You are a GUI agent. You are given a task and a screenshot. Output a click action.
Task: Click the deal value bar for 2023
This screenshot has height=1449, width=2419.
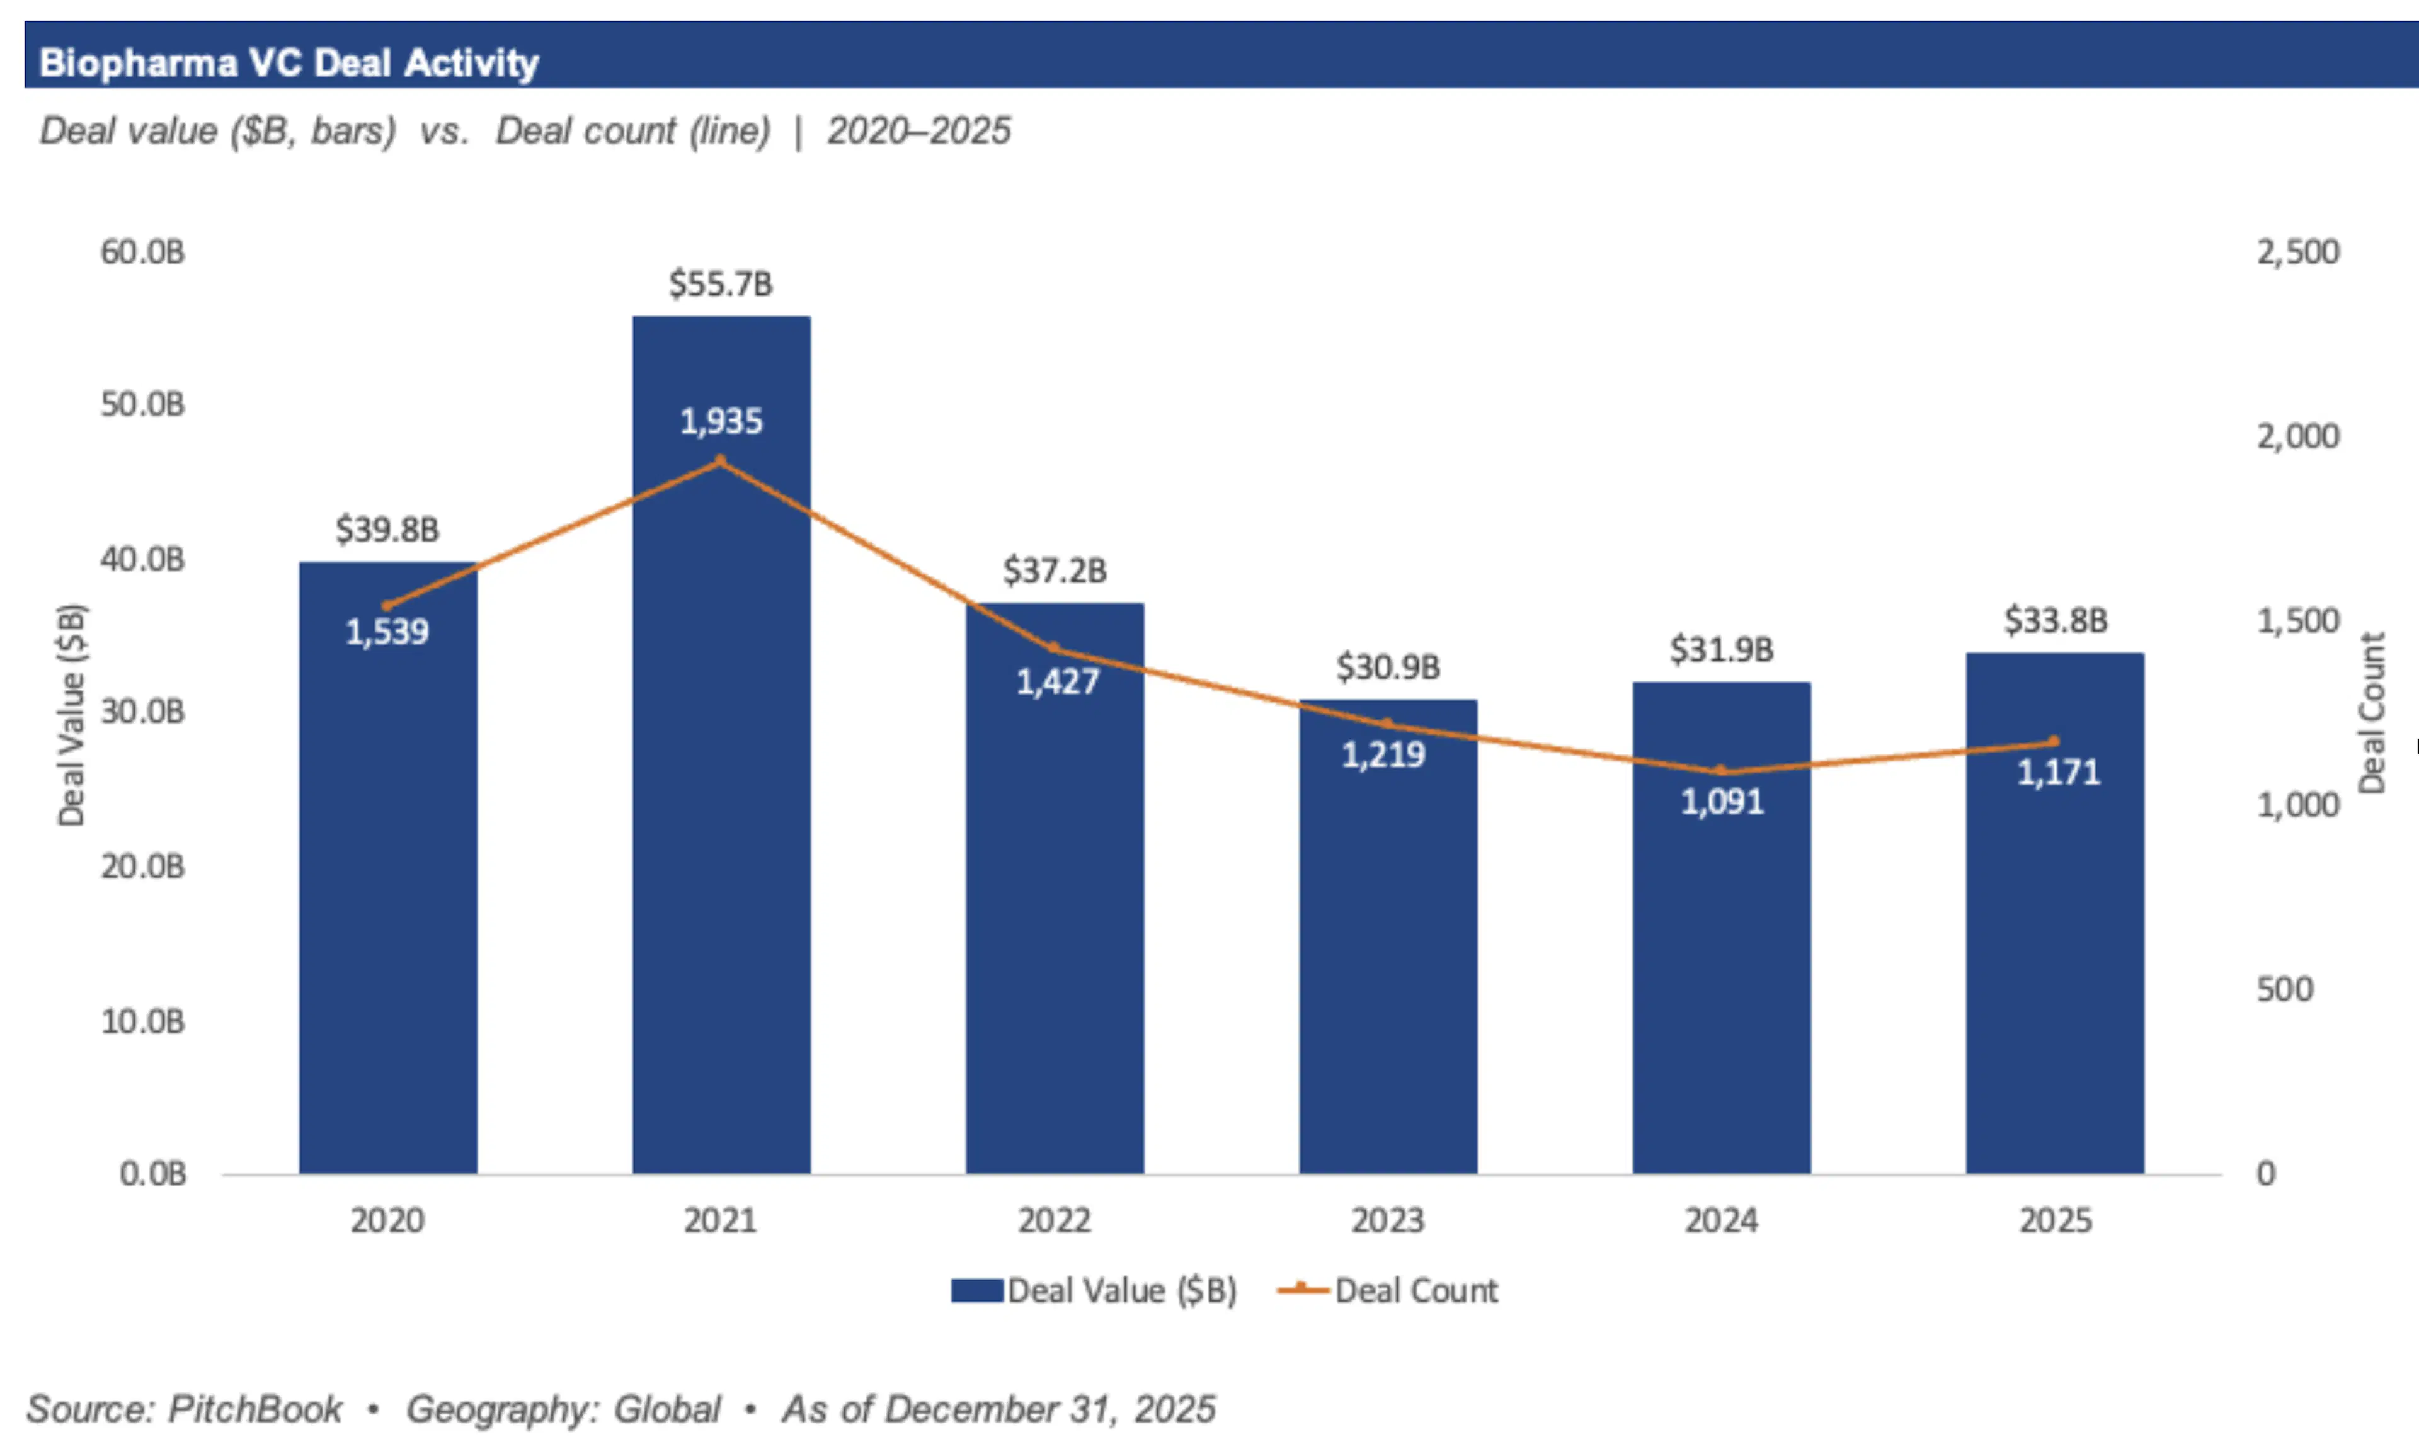pos(1388,957)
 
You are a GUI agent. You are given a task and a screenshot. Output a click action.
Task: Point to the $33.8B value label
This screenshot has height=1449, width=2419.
pos(2056,620)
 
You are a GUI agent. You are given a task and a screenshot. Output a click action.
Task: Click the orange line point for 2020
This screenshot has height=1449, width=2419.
pos(387,605)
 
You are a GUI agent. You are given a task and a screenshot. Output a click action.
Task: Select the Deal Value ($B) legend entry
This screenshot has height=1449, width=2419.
pos(1094,1291)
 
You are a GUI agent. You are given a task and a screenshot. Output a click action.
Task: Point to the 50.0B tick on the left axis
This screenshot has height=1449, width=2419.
pos(142,404)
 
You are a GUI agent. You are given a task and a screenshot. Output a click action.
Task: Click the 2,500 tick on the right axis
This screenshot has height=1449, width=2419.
pos(2297,252)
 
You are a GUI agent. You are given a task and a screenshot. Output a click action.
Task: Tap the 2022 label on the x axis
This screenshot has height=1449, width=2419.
pos(1054,1220)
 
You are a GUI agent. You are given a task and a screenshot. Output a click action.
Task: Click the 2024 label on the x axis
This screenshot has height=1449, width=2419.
pos(1721,1220)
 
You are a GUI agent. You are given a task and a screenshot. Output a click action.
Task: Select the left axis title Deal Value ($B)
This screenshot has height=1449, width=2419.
pos(71,715)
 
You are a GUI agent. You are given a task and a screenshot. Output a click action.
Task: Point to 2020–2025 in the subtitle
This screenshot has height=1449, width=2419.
pos(919,131)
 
